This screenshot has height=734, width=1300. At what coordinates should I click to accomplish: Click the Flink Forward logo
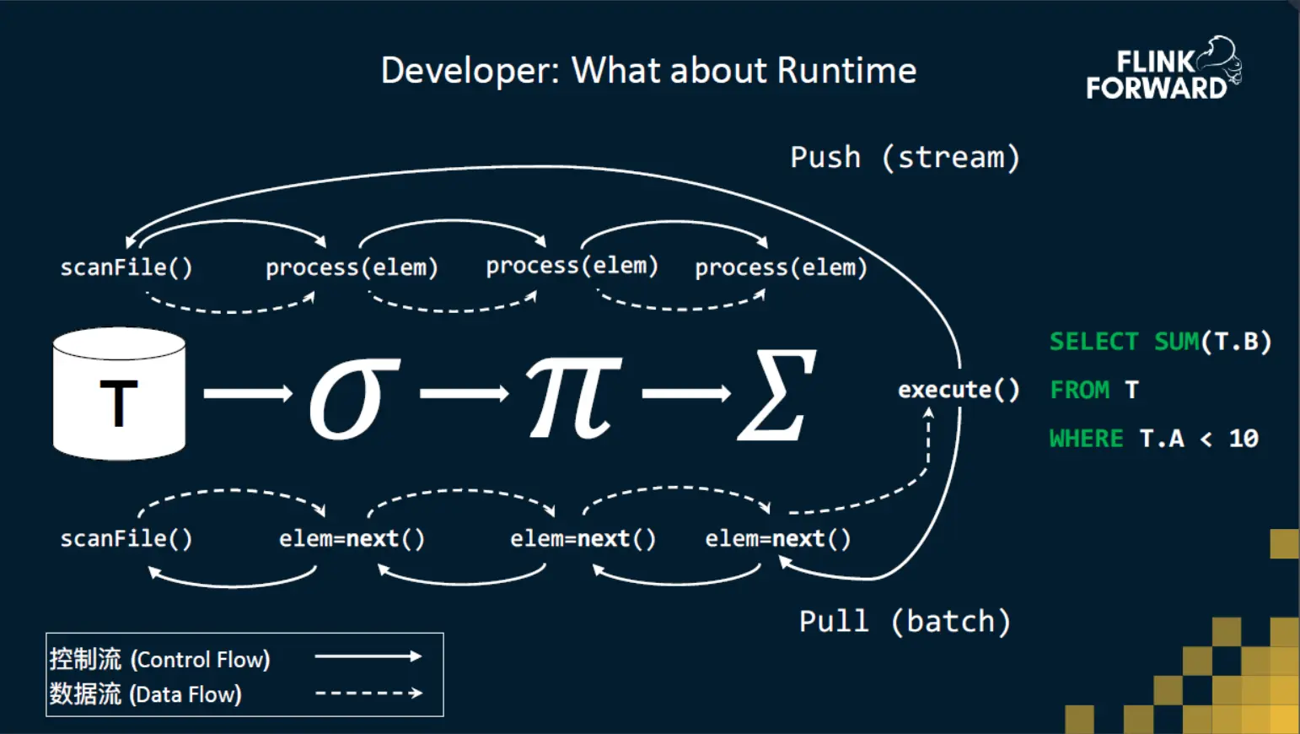click(x=1163, y=70)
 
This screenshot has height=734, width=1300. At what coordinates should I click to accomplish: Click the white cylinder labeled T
click(x=119, y=395)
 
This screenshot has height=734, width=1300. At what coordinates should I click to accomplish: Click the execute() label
click(x=959, y=390)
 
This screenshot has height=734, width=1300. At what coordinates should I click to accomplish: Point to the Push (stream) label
click(x=905, y=158)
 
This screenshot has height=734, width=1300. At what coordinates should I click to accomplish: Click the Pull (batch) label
click(x=905, y=622)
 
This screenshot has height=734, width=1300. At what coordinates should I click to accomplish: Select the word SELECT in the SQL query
click(x=1093, y=342)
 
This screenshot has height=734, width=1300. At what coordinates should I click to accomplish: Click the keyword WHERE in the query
click(x=1086, y=439)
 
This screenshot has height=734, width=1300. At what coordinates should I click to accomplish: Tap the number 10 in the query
click(x=1244, y=439)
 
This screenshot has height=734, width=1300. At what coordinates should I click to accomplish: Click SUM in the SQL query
click(x=1176, y=342)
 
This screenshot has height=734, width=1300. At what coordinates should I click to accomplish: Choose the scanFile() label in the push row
click(x=126, y=267)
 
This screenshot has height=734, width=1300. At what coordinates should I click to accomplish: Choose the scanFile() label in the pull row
click(x=126, y=538)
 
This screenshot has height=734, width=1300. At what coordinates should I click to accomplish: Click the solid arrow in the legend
click(x=368, y=656)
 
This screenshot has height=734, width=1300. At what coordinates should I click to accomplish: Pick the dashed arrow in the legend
click(x=368, y=694)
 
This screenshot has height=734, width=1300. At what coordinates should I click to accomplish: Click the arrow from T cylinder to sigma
click(x=248, y=393)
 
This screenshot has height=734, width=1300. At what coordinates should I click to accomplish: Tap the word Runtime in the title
click(x=846, y=71)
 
